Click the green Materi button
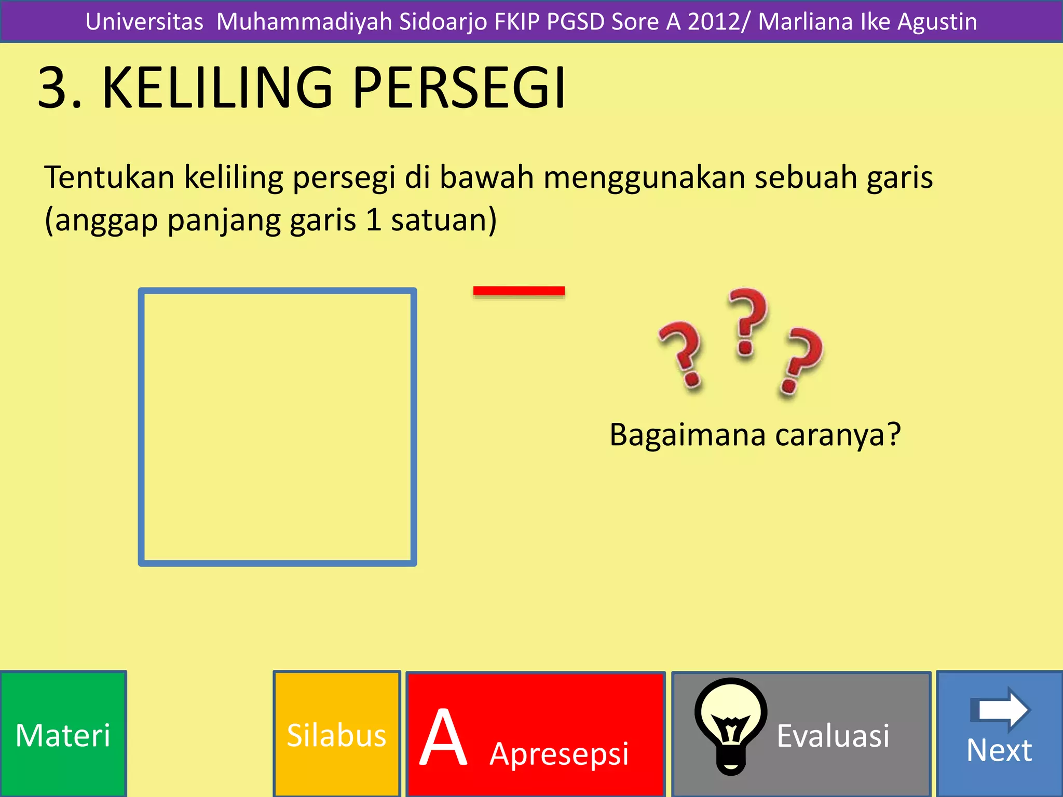coord(63,735)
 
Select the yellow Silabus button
coord(336,735)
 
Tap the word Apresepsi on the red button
coord(559,753)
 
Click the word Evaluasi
coord(833,736)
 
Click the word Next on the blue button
coord(999,750)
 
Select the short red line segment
coord(519,291)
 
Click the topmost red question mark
coord(747,322)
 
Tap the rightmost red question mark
coord(800,360)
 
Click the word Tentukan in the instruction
coord(109,177)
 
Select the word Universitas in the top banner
coord(144,22)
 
